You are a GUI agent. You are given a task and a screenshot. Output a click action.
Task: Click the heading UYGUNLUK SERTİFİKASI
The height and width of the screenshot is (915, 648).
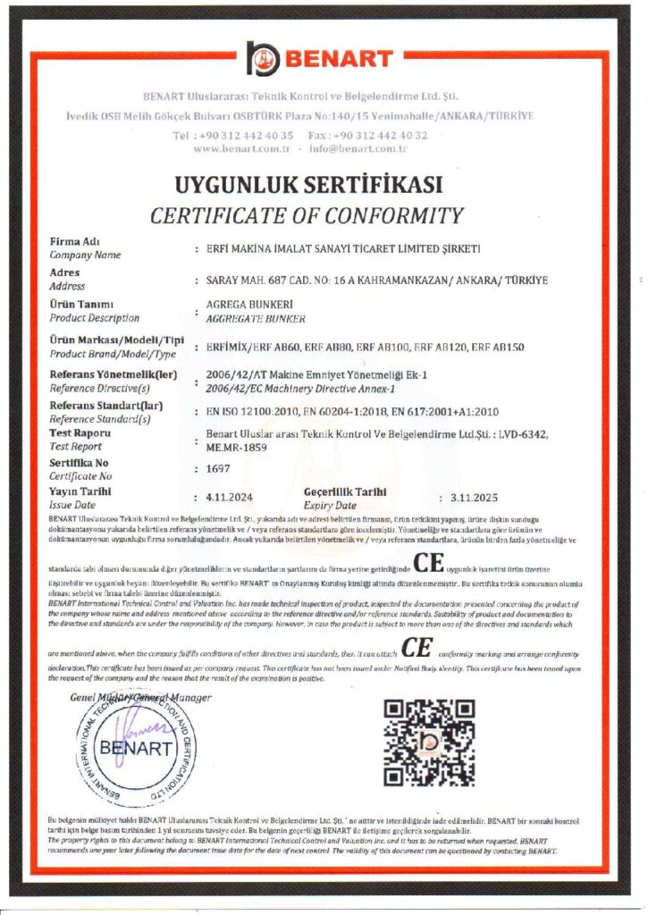(x=309, y=186)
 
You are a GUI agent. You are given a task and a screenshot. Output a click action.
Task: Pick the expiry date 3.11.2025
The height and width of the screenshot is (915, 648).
(x=473, y=496)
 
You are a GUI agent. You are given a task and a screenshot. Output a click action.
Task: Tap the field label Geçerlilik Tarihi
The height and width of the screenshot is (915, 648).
(x=346, y=491)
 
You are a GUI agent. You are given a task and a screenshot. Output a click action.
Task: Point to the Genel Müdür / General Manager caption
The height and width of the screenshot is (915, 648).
(x=140, y=698)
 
